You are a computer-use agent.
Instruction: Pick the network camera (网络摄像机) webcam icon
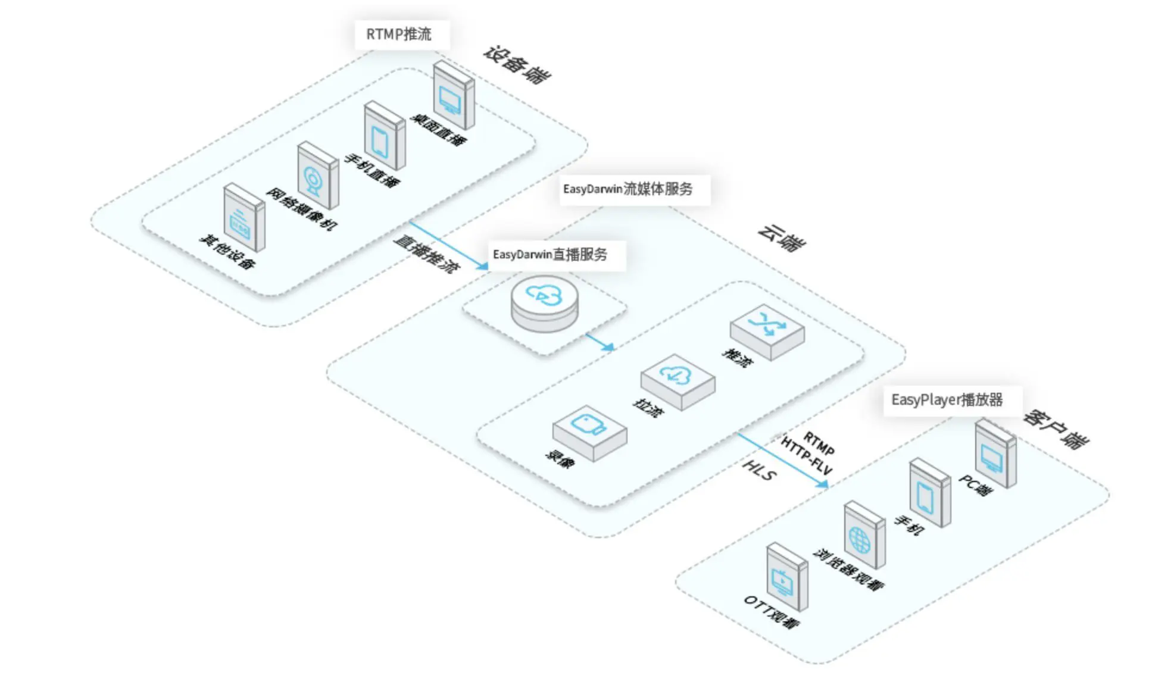point(317,176)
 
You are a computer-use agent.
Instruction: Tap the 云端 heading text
point(782,237)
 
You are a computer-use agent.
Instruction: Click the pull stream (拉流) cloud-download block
point(678,381)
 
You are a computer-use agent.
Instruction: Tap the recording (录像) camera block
point(589,432)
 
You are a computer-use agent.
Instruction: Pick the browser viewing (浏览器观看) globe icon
point(864,535)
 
